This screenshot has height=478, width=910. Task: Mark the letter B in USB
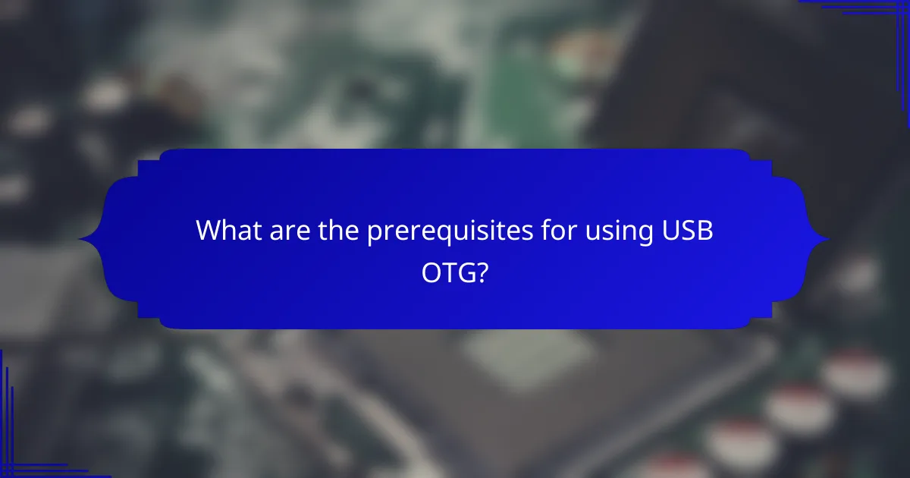pos(706,231)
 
